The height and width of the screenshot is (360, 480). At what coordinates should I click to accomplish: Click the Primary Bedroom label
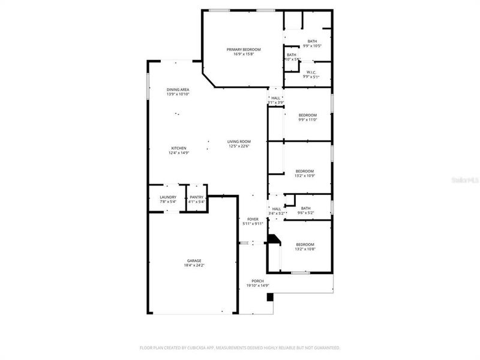[244, 49]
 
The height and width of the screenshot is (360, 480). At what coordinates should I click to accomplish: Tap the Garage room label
[193, 260]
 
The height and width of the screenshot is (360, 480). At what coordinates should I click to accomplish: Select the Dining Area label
[178, 89]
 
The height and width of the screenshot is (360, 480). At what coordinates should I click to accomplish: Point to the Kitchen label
[179, 148]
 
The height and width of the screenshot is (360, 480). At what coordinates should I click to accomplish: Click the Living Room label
[239, 141]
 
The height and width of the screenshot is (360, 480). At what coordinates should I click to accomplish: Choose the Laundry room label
[168, 197]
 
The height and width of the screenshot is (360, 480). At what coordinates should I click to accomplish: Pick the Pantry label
[197, 197]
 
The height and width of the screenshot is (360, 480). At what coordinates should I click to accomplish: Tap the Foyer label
[253, 219]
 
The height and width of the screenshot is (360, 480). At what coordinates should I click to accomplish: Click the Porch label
[257, 281]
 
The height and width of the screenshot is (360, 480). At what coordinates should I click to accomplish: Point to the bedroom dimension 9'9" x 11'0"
[308, 119]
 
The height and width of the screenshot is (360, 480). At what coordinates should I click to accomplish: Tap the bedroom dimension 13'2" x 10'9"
[304, 176]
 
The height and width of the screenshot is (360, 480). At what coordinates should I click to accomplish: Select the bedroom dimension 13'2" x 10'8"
[305, 249]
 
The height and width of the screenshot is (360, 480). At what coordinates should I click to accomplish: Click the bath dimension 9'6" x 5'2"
[305, 213]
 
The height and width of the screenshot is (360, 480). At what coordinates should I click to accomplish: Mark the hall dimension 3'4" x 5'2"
[277, 213]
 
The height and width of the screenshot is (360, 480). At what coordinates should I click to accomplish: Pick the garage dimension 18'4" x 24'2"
[193, 265]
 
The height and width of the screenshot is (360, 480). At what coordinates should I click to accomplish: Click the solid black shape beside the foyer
[274, 239]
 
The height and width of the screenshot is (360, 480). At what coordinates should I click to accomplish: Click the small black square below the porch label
[270, 296]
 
